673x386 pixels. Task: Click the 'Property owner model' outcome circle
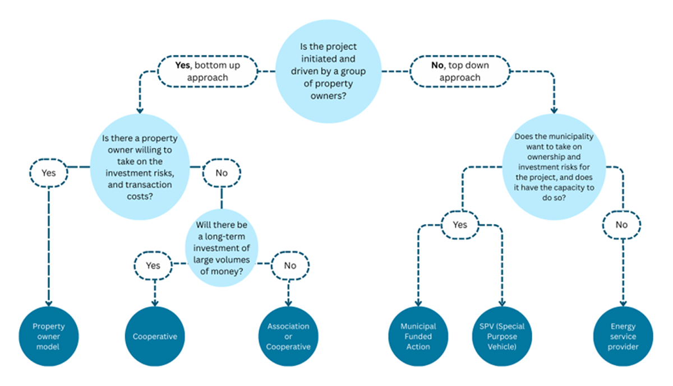(x=49, y=336)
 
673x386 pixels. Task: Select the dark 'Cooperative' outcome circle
(x=155, y=336)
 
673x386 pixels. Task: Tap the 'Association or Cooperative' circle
(x=288, y=336)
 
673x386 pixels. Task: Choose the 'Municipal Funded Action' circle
(x=418, y=336)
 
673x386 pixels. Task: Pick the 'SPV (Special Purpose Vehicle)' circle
(x=502, y=336)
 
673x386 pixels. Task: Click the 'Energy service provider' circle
(x=623, y=336)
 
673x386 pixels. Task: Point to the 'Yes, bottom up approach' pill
(x=208, y=72)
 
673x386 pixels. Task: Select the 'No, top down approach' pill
(x=460, y=72)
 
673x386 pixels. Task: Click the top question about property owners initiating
(x=329, y=72)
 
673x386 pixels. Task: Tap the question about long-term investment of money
(x=222, y=248)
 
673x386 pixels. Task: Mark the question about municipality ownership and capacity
(x=554, y=167)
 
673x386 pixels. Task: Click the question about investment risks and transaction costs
(x=140, y=167)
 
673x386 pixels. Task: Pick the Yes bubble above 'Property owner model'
(x=49, y=173)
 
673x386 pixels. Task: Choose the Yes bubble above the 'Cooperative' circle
(x=153, y=266)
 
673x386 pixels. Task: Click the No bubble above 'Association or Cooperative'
(x=290, y=266)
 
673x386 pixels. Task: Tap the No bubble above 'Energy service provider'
(x=621, y=225)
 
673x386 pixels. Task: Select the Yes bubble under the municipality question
(x=460, y=225)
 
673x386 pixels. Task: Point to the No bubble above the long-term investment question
(x=222, y=173)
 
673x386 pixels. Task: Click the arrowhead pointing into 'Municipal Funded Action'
(x=418, y=303)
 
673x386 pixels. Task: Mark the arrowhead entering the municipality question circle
(x=554, y=110)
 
